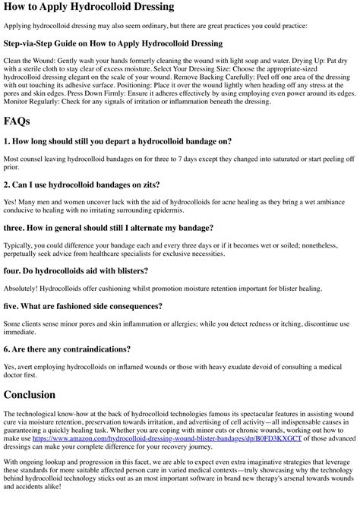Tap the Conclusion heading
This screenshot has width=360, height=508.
(30, 395)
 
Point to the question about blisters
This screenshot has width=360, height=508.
(76, 271)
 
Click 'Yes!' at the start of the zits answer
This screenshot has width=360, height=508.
(10, 203)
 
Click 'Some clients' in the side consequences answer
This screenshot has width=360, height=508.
(23, 324)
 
